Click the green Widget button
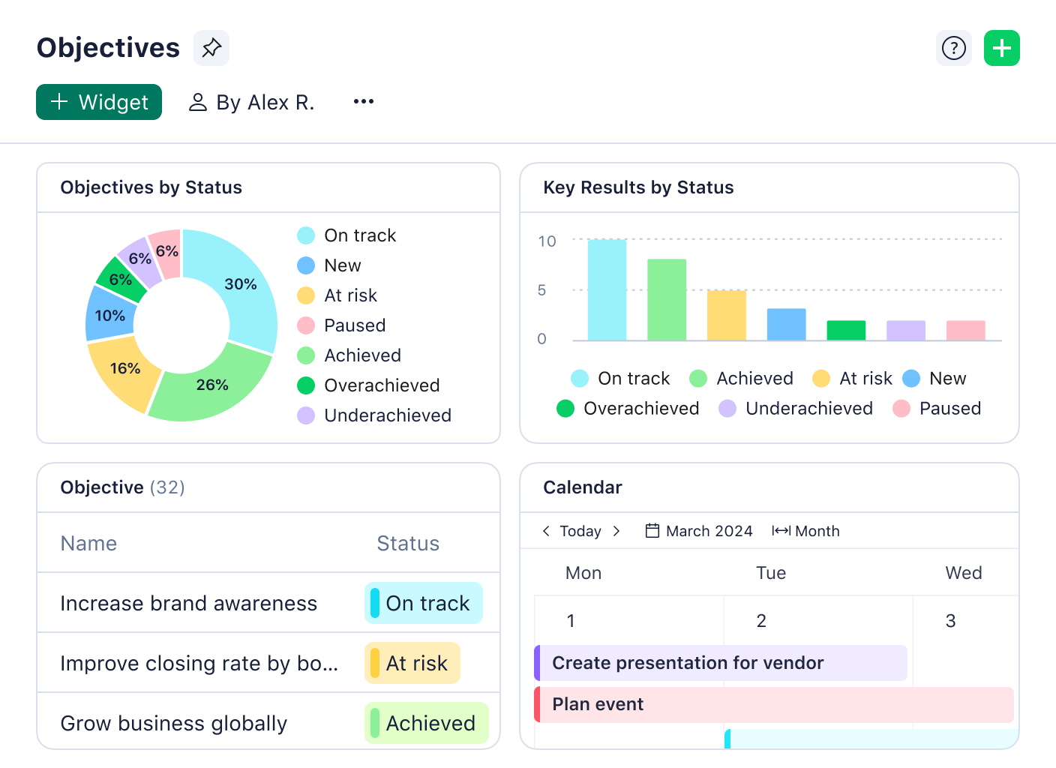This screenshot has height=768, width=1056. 99,102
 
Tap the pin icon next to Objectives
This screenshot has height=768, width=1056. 211,48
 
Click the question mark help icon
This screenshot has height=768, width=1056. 953,49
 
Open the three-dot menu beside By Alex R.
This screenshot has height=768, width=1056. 363,101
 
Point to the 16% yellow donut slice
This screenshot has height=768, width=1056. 124,369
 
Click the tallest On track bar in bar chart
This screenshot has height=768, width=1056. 607,290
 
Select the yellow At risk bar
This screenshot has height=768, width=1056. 726,316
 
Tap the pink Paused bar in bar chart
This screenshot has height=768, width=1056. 965,331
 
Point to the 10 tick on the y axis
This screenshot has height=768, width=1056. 547,241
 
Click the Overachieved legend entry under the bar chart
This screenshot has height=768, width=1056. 628,409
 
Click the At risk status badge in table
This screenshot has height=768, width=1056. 412,664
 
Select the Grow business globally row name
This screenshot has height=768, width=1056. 173,724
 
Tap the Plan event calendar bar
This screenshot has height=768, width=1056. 774,705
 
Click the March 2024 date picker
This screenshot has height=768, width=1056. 699,531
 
